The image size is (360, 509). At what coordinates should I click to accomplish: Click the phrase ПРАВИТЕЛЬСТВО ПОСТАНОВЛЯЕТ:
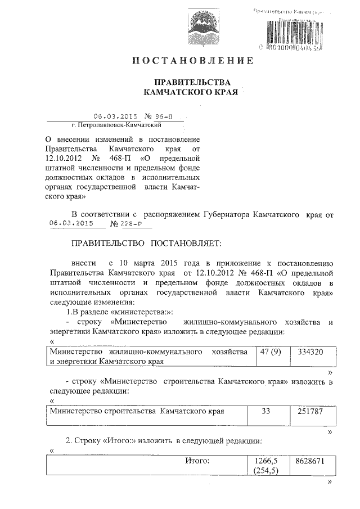tap(147, 244)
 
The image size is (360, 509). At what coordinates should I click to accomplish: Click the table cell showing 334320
tap(307, 352)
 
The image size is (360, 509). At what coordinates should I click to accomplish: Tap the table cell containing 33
tap(267, 412)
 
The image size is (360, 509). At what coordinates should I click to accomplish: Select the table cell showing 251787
tap(307, 412)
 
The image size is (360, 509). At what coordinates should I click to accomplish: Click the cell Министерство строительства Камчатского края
tap(137, 412)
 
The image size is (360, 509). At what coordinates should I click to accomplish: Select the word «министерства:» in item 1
tap(142, 312)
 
